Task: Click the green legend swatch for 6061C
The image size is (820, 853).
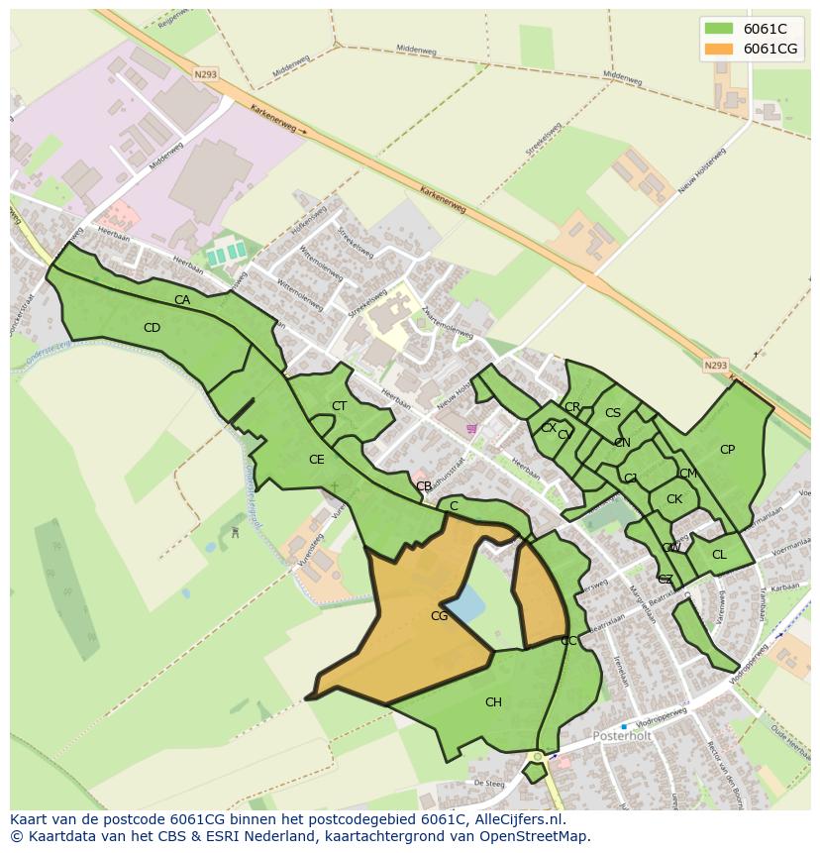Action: click(x=719, y=29)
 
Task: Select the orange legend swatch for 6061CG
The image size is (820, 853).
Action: click(x=719, y=49)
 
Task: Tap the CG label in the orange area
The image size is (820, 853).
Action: click(x=440, y=616)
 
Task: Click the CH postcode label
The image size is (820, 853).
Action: click(x=493, y=702)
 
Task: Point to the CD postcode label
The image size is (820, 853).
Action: click(x=152, y=328)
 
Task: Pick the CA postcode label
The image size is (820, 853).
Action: click(x=182, y=300)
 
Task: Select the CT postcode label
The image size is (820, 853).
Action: click(x=339, y=406)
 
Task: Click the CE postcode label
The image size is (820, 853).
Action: click(x=317, y=460)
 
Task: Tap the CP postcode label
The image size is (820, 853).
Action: click(x=727, y=450)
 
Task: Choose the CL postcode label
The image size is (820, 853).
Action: click(x=719, y=555)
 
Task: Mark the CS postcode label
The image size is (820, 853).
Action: click(x=613, y=413)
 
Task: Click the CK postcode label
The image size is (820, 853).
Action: click(x=674, y=499)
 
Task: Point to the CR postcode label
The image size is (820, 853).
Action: click(x=572, y=407)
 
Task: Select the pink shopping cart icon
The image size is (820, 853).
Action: click(x=471, y=429)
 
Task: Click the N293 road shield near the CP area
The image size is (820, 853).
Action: click(x=715, y=366)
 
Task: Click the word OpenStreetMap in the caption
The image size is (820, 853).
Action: click(x=535, y=836)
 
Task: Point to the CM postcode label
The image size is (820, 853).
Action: click(x=688, y=474)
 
